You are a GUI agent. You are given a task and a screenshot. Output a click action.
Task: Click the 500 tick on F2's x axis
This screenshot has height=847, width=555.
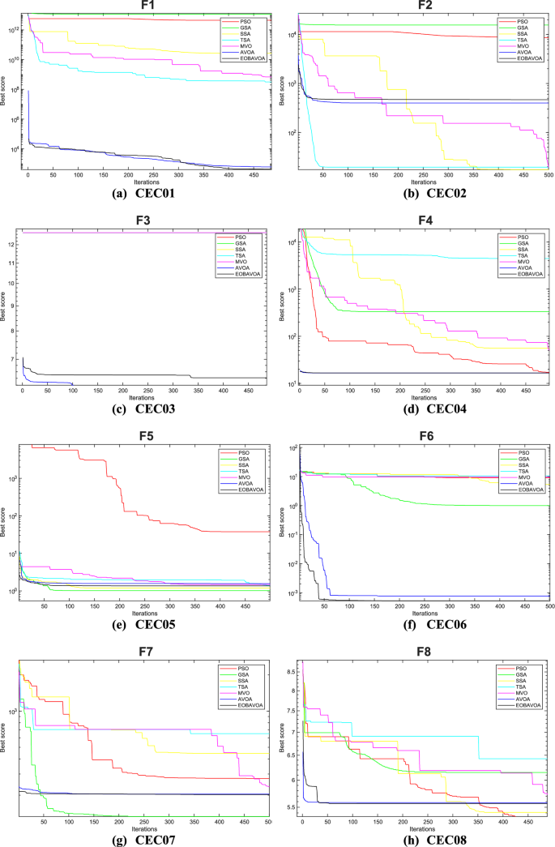pos(548,176)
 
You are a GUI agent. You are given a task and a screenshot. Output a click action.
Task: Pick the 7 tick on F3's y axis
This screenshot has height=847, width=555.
pos(14,358)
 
